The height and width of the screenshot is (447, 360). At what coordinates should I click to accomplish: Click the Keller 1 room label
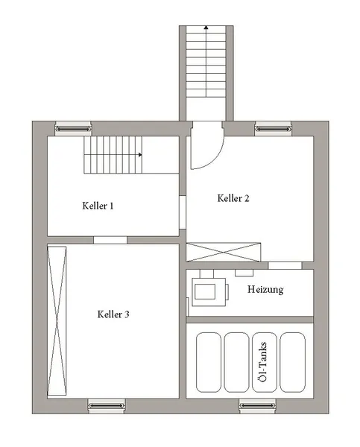98,206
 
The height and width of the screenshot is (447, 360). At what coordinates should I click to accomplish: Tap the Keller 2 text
233,198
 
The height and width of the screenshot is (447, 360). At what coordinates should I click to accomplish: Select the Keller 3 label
113,314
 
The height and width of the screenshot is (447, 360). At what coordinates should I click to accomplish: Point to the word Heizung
265,289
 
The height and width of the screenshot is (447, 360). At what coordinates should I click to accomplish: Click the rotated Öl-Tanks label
262,363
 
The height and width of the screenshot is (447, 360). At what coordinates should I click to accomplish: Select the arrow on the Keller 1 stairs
139,155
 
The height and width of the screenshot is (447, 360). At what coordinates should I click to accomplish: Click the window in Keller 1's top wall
75,128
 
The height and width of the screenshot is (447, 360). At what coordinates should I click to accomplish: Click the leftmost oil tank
209,363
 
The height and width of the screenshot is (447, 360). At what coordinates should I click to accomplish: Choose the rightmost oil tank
293,363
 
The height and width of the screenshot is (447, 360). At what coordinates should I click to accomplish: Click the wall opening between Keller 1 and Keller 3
110,240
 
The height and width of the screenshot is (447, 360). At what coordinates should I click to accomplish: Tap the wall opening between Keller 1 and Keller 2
183,213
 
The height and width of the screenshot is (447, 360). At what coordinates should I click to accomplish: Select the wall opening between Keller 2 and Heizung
284,265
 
